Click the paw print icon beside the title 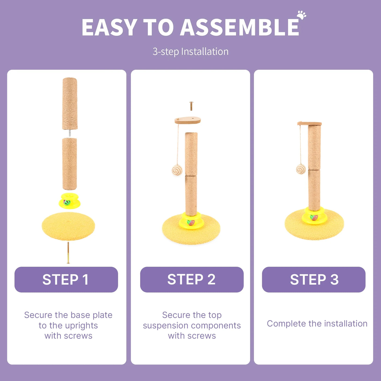pyautogui.click(x=301, y=15)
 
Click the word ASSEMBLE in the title pyautogui.click(x=240, y=27)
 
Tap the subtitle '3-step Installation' pyautogui.click(x=190, y=52)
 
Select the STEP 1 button pyautogui.click(x=66, y=279)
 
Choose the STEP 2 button pyautogui.click(x=192, y=279)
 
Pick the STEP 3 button pyautogui.click(x=314, y=279)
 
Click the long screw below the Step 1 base pyautogui.click(x=68, y=253)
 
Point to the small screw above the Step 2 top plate pyautogui.click(x=191, y=106)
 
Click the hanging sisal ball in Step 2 pyautogui.click(x=177, y=170)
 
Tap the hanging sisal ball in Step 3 pyautogui.click(x=301, y=169)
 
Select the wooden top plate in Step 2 pyautogui.click(x=188, y=120)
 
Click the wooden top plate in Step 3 pyautogui.click(x=309, y=124)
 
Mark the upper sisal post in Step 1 pyautogui.click(x=70, y=104)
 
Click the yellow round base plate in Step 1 pyautogui.click(x=68, y=226)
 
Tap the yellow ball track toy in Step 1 pyautogui.click(x=70, y=201)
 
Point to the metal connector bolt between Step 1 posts pyautogui.click(x=70, y=133)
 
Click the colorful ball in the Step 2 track pyautogui.click(x=190, y=222)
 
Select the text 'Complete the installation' pyautogui.click(x=317, y=324)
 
